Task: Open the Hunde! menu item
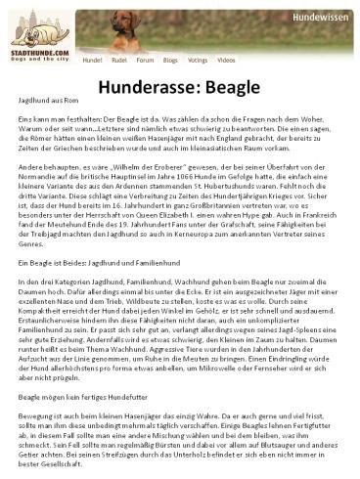[94, 61]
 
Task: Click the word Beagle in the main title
[241, 88]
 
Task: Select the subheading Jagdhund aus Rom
[49, 102]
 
